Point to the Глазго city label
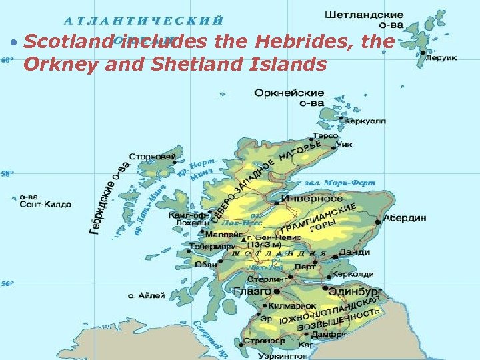click(x=252, y=291)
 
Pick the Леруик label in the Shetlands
click(x=442, y=58)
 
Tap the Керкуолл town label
click(x=366, y=121)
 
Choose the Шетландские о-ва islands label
click(x=365, y=19)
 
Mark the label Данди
click(x=354, y=252)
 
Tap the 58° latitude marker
click(x=7, y=174)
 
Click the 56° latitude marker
click(x=7, y=285)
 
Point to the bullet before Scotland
click(x=13, y=42)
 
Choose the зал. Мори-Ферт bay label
click(x=340, y=182)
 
